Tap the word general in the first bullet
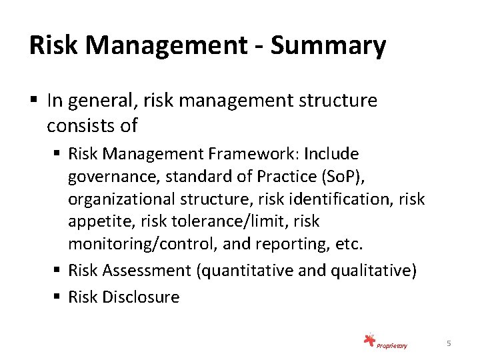coord(92,102)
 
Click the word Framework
coord(253,155)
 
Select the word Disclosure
coord(141,297)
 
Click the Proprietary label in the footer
coord(391,345)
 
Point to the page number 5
coord(449,343)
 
